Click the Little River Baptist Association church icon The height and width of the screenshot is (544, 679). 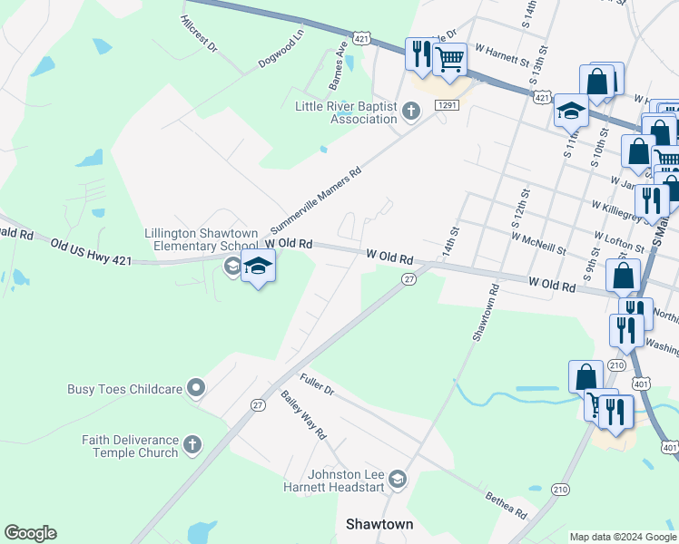pos(411,112)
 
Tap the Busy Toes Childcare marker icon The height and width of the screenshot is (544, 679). pos(196,389)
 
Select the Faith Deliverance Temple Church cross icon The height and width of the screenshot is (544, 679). pos(192,444)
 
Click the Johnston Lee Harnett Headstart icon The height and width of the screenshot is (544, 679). pos(397,478)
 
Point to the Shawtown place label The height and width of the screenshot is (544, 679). pos(380,525)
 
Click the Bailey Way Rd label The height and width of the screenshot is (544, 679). pos(303,414)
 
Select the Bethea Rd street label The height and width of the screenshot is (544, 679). pos(507,500)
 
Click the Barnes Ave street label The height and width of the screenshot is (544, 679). pos(339,66)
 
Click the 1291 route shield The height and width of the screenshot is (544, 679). pos(447,105)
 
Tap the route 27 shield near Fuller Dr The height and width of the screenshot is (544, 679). pos(259,405)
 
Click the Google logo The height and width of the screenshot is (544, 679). pos(30,533)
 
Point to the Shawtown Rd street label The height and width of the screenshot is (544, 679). pos(486,314)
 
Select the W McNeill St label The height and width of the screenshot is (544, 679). pos(538,244)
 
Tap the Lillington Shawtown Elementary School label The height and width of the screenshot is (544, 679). pos(202,239)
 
